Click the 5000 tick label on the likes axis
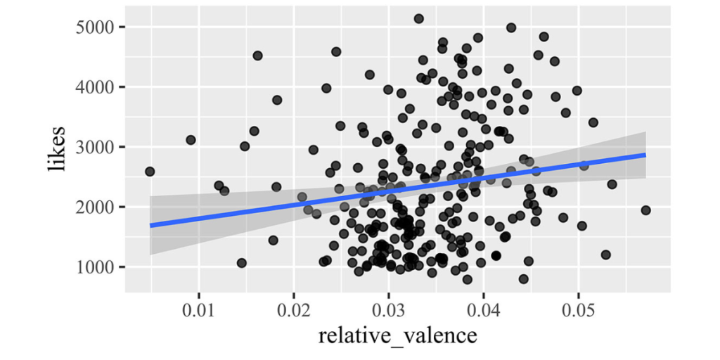[97, 27]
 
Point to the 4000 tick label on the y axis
[97, 87]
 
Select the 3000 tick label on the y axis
[97, 147]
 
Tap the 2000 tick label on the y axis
[97, 207]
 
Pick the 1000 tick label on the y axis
[97, 267]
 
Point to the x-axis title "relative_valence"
[398, 335]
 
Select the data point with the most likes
[419, 19]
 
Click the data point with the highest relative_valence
[646, 210]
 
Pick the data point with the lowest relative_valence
[150, 172]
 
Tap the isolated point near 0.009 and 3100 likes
[191, 140]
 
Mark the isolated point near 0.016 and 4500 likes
[257, 56]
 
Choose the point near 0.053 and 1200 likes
[606, 255]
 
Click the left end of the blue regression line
[150, 225]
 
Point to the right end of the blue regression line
[645, 155]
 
